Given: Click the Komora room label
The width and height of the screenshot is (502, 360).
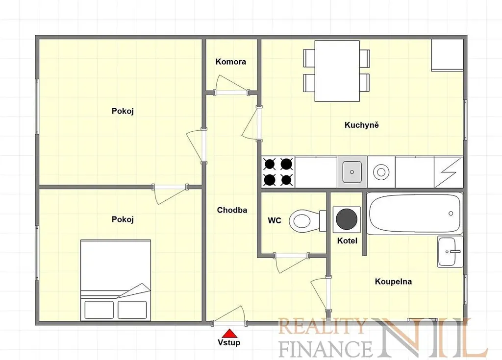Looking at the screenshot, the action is (x=230, y=61).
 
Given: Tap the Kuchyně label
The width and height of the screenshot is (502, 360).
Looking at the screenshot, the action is (x=361, y=125).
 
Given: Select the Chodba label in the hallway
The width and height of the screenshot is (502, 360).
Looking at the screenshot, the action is (x=232, y=210).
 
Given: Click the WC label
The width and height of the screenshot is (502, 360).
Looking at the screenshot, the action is (x=275, y=220).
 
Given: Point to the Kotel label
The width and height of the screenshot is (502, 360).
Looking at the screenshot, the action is (x=347, y=240).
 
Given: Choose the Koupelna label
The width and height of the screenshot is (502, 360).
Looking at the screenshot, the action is (x=393, y=282).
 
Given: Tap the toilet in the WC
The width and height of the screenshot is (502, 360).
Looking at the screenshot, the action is (x=308, y=220).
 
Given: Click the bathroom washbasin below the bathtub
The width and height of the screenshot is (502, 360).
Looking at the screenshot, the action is (x=450, y=252).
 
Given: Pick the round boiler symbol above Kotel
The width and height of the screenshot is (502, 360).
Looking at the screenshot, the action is (x=347, y=219).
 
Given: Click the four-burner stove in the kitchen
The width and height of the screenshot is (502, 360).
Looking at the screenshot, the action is (x=278, y=172).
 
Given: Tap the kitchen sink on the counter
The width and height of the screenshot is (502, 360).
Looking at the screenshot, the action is (x=352, y=172).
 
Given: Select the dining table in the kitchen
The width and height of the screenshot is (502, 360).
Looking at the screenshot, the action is (x=337, y=71).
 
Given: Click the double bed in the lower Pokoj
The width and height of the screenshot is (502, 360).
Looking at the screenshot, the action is (x=116, y=280).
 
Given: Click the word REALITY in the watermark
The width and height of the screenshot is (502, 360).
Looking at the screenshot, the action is (x=322, y=326).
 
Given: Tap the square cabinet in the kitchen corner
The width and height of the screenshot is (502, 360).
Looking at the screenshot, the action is (x=447, y=55).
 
